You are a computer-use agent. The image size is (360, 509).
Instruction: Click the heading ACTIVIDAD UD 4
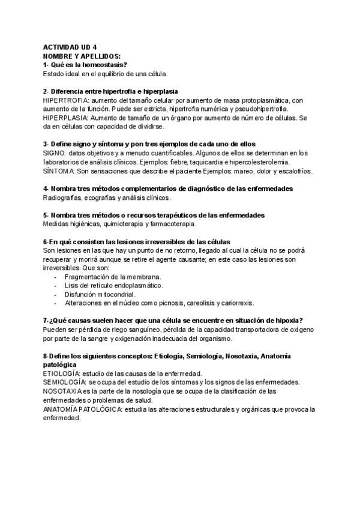tap(70, 47)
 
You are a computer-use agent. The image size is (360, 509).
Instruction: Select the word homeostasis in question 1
tap(106, 64)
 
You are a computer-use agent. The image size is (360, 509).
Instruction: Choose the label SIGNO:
tap(55, 153)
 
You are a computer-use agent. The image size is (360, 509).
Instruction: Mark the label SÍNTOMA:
tap(58, 171)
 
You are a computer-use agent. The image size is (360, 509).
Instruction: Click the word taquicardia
tap(202, 162)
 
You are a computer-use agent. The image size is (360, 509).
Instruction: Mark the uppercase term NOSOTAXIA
tap(63, 391)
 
